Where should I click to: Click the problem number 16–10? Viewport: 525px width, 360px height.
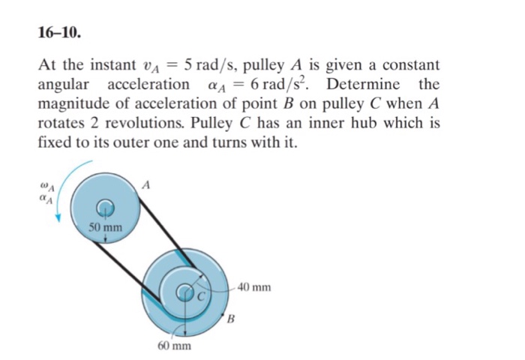coord(60,34)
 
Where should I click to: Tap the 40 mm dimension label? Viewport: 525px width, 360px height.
coord(256,286)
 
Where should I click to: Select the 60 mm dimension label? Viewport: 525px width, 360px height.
coord(174,346)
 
